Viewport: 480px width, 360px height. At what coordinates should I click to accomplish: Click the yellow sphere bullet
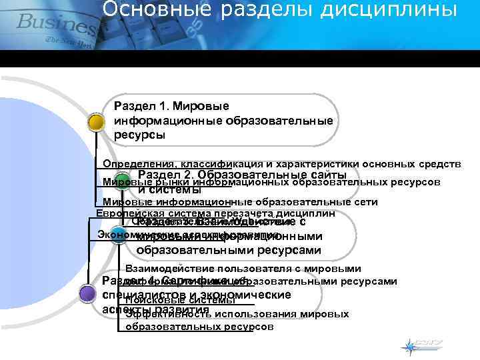tap(96, 123)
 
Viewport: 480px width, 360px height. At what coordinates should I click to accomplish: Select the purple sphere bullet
tap(87, 294)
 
